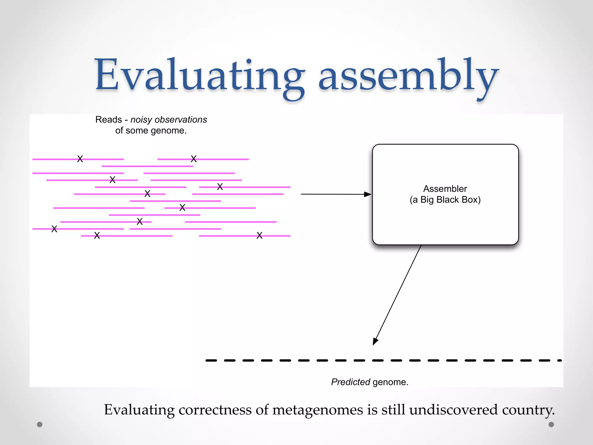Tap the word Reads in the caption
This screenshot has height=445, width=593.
[x=109, y=120]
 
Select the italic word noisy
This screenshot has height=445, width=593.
[x=141, y=120]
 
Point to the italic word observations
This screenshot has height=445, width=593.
[x=181, y=120]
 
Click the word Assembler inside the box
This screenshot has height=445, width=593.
[x=445, y=189]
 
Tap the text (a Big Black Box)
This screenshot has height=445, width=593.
[x=445, y=200]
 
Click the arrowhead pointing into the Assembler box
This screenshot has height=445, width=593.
[x=368, y=194]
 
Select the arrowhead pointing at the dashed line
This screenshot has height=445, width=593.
[x=375, y=342]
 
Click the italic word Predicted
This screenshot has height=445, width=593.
[x=350, y=382]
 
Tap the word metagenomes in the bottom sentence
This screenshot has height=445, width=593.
[x=318, y=410]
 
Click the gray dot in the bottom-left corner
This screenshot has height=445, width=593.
[x=40, y=424]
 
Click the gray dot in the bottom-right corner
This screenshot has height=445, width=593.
[x=551, y=424]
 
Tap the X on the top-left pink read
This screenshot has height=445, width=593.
[x=80, y=159]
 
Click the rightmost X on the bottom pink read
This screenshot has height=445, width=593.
[x=259, y=236]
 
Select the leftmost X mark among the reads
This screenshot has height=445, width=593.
[x=54, y=229]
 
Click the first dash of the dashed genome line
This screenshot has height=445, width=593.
[x=211, y=360]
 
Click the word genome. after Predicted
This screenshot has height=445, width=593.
[x=390, y=382]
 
